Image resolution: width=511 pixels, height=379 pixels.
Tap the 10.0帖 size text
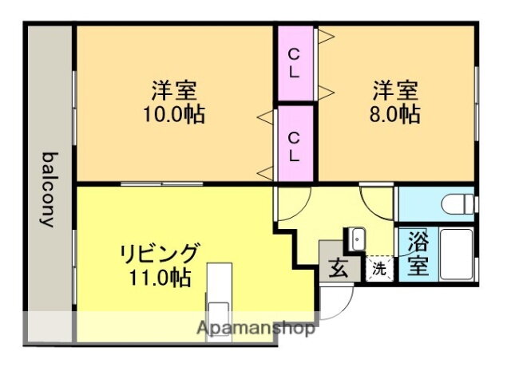click(173, 114)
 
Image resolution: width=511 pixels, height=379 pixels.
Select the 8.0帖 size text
click(395, 114)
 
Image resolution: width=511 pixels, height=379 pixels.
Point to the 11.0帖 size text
click(160, 278)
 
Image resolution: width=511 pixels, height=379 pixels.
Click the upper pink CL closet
click(294, 64)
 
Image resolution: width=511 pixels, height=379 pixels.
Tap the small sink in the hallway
click(356, 238)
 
